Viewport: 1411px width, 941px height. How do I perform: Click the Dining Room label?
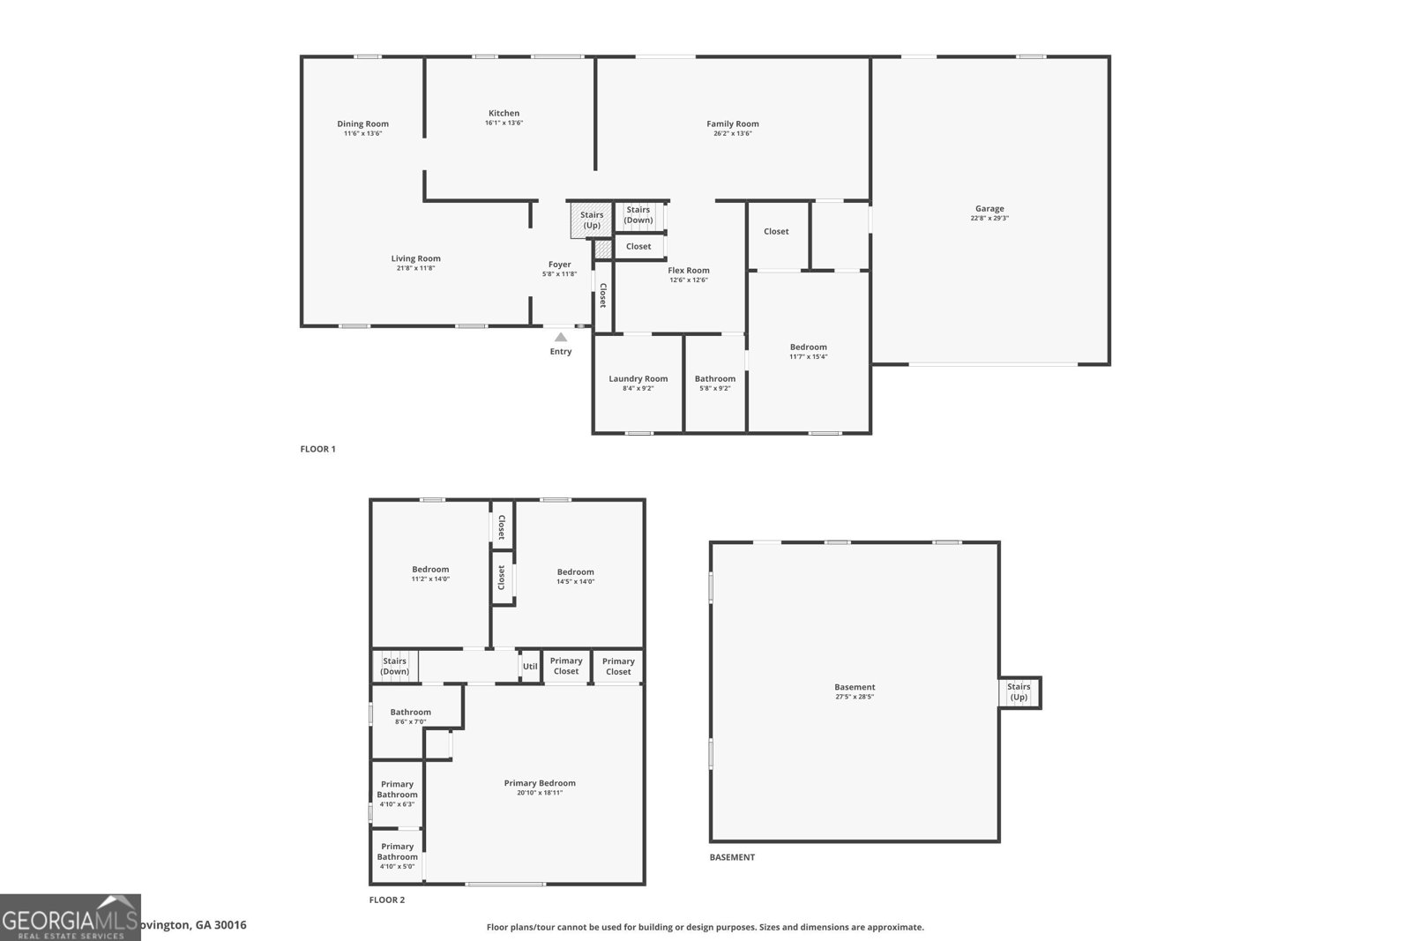(362, 123)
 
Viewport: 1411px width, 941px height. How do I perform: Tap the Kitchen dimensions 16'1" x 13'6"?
(504, 123)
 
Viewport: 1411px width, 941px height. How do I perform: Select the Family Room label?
(732, 123)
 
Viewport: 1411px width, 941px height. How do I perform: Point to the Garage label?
(989, 209)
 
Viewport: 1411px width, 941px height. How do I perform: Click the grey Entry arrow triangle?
(560, 337)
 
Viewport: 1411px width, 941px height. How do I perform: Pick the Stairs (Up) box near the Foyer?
(591, 220)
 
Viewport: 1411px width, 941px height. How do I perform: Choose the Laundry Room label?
(638, 378)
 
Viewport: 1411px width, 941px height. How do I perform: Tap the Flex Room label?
(689, 271)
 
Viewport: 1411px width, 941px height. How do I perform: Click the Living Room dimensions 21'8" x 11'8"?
(415, 268)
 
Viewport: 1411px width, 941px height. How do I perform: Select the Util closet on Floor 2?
(530, 667)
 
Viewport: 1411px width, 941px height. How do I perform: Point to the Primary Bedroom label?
(540, 783)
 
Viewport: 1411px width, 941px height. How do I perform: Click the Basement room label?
(855, 687)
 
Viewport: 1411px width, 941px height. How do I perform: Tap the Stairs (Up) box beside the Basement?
(1019, 692)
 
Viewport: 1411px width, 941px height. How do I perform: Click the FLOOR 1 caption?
(317, 449)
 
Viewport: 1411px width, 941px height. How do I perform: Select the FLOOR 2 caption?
(386, 900)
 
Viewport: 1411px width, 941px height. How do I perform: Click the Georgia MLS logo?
(70, 917)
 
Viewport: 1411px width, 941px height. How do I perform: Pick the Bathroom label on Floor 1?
(714, 378)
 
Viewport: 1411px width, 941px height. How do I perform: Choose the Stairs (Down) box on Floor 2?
(394, 666)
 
